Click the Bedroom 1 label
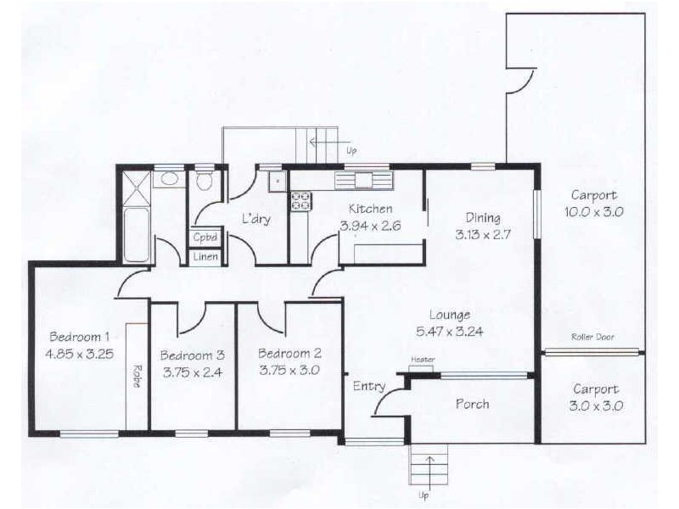point(75,333)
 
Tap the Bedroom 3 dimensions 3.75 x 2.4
point(191,371)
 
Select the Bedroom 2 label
point(289,354)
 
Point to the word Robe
point(136,376)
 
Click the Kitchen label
point(370,209)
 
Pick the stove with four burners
point(301,201)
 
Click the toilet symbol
point(205,182)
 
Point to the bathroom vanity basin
point(169,179)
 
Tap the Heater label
point(423,360)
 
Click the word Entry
point(369,386)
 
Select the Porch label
point(472,404)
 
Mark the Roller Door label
point(592,337)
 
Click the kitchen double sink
point(365,180)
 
